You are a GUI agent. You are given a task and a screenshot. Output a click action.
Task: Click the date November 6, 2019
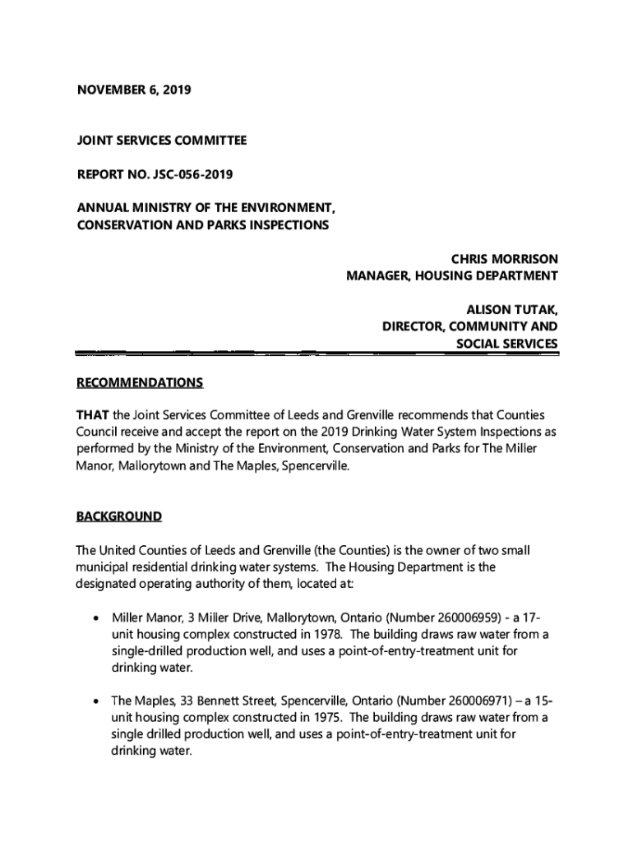[133, 90]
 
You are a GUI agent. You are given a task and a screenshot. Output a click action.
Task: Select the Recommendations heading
[140, 383]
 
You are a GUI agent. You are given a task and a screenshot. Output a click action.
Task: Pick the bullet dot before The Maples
[97, 701]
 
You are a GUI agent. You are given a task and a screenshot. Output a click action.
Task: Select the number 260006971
[458, 701]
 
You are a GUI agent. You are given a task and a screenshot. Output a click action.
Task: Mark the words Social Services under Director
[507, 344]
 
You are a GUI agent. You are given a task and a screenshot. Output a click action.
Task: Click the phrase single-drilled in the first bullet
[150, 650]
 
